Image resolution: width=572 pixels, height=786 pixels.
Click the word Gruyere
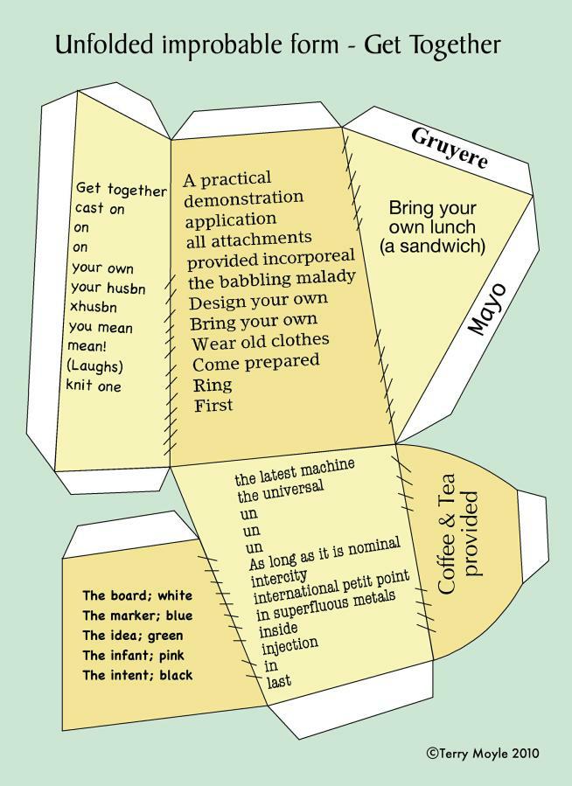pos(450,149)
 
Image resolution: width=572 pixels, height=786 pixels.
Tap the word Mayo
pos(487,309)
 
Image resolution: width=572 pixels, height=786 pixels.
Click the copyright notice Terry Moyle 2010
pos(483,753)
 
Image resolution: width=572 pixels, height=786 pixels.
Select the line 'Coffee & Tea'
pos(447,534)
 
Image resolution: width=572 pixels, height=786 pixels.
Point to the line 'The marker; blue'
pos(137,616)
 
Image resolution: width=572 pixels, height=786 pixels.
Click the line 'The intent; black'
pos(137,675)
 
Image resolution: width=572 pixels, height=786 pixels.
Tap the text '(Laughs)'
pos(94,366)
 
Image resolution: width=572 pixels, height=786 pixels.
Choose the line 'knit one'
pos(94,386)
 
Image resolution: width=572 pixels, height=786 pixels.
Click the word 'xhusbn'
pos(94,306)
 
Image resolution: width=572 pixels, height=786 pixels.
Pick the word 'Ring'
pos(213,385)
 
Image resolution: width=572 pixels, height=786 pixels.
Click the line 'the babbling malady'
pos(272,280)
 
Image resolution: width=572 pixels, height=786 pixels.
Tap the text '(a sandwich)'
pos(432,247)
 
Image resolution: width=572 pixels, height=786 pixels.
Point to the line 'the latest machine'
pos(295,472)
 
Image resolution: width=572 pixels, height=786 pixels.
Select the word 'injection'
pos(289,645)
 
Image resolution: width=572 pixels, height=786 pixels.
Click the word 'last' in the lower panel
pos(279,681)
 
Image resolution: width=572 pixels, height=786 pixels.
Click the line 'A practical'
pos(227,179)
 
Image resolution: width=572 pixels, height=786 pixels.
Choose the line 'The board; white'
pos(137,595)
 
